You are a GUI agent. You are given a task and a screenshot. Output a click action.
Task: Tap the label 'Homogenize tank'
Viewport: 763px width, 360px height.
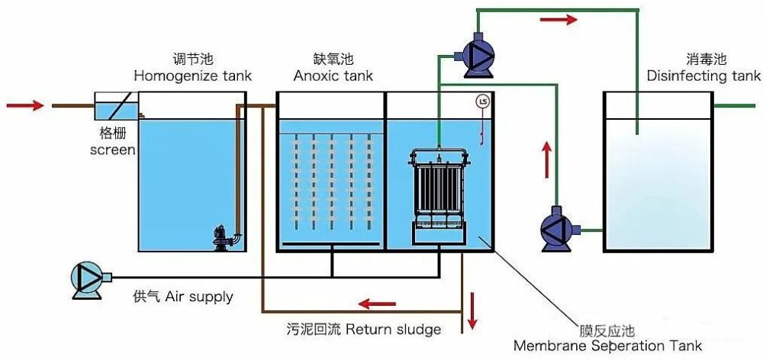click(192, 76)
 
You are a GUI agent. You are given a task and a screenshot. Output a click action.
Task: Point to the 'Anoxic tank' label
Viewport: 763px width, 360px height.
click(333, 76)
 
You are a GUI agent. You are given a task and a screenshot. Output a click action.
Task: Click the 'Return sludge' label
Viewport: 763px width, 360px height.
click(393, 329)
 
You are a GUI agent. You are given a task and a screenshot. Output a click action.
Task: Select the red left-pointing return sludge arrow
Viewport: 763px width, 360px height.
click(377, 304)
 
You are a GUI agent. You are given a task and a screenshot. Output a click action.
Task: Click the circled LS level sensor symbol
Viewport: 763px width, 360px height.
click(481, 101)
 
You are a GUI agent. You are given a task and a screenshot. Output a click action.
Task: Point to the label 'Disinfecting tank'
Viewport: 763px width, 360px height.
click(703, 76)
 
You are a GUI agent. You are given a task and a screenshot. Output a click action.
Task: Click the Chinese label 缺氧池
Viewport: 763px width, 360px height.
click(333, 59)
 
